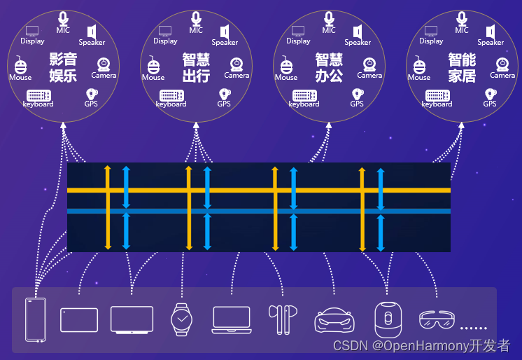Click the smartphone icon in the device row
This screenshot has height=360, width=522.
(x=36, y=319)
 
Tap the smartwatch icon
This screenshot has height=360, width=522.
(x=181, y=319)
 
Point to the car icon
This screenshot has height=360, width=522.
(x=334, y=321)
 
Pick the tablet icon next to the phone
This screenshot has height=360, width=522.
(x=79, y=319)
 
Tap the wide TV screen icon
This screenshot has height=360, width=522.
(x=132, y=320)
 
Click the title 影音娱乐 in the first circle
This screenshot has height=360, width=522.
(x=63, y=68)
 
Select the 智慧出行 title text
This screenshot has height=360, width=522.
(x=196, y=68)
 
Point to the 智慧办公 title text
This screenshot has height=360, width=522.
(x=329, y=68)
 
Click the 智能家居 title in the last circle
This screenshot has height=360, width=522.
(x=462, y=68)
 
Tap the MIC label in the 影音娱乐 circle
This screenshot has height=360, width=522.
(x=63, y=30)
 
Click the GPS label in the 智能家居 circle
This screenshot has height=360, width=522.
(x=490, y=104)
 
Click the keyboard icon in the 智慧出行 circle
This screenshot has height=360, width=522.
(x=171, y=95)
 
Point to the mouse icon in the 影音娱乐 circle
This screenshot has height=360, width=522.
(x=20, y=66)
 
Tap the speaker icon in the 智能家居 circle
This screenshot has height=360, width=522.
(x=491, y=32)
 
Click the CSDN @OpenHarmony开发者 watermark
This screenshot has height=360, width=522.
(x=421, y=346)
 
